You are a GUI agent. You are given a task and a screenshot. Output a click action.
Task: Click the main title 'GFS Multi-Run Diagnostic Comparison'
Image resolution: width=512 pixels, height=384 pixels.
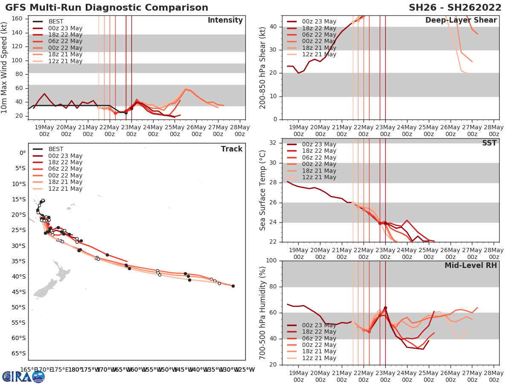click(107, 8)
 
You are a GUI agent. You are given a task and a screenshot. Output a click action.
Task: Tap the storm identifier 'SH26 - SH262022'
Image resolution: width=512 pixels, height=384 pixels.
click(454, 8)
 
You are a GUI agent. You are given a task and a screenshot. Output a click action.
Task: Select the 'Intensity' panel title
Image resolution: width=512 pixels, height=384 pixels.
click(225, 20)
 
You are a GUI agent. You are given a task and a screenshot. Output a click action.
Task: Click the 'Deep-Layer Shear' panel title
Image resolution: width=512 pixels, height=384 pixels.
click(461, 20)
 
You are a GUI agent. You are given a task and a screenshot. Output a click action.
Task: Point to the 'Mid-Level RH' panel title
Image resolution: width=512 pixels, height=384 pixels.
click(471, 265)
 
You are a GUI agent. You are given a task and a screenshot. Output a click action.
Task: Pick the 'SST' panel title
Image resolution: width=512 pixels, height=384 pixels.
click(489, 143)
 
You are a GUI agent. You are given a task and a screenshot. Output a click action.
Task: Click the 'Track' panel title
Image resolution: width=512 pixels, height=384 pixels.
click(231, 149)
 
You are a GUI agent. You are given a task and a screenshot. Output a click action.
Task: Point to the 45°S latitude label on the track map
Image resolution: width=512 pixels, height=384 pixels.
click(18, 292)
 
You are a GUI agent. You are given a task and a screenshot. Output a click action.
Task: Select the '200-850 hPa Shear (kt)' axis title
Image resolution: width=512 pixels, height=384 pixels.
click(263, 67)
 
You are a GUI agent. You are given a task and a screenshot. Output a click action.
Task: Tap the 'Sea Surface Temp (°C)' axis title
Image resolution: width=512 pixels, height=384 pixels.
click(263, 190)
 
